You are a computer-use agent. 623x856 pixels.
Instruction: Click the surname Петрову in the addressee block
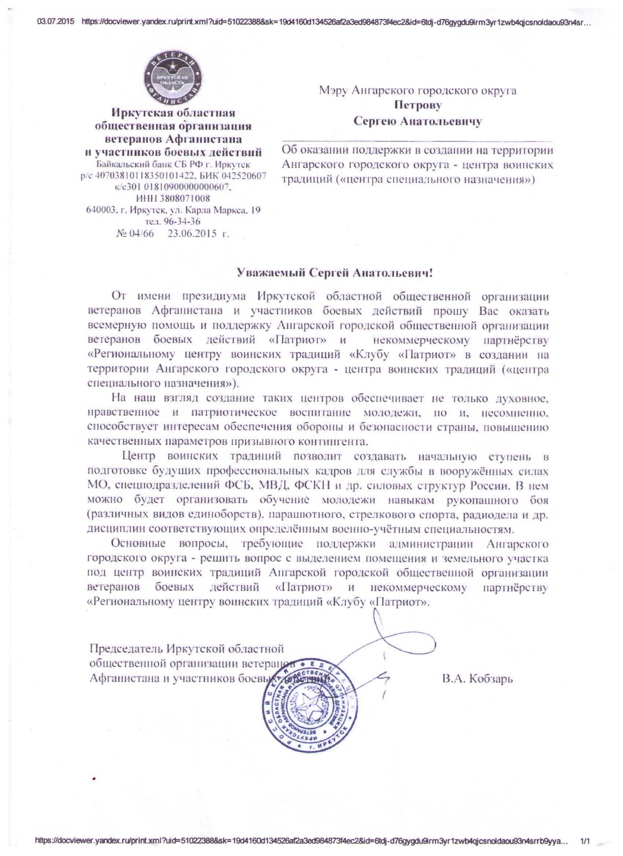pyautogui.click(x=417, y=105)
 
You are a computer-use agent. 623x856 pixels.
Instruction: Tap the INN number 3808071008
pyautogui.click(x=180, y=198)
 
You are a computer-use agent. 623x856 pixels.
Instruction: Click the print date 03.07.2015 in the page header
pyautogui.click(x=55, y=22)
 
